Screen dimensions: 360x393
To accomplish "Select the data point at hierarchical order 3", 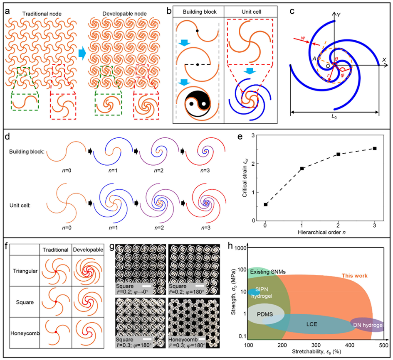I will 375,148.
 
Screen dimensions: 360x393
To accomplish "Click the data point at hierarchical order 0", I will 265,204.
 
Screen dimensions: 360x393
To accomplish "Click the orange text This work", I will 354,275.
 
